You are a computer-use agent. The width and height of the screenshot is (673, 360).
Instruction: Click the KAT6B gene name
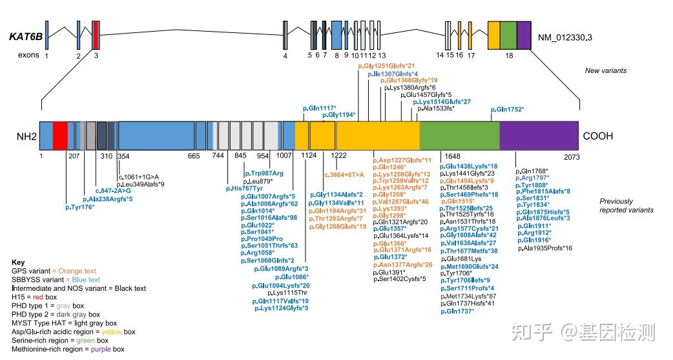pyautogui.click(x=26, y=37)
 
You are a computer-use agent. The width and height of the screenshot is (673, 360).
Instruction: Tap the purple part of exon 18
pyautogui.click(x=524, y=34)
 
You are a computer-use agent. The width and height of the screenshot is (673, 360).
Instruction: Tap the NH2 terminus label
pyautogui.click(x=26, y=136)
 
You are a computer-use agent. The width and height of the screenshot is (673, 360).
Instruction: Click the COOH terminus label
pyautogui.click(x=597, y=136)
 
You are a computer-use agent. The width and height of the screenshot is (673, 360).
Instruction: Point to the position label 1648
pyautogui.click(x=451, y=156)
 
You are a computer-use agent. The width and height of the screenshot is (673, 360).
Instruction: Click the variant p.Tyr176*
pyautogui.click(x=80, y=207)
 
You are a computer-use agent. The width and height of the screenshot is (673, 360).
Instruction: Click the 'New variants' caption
pyautogui.click(x=606, y=70)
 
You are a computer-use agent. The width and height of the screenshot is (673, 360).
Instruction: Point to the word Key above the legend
pyautogui.click(x=18, y=262)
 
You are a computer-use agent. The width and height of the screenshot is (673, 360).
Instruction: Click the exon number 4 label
pyautogui.click(x=285, y=56)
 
